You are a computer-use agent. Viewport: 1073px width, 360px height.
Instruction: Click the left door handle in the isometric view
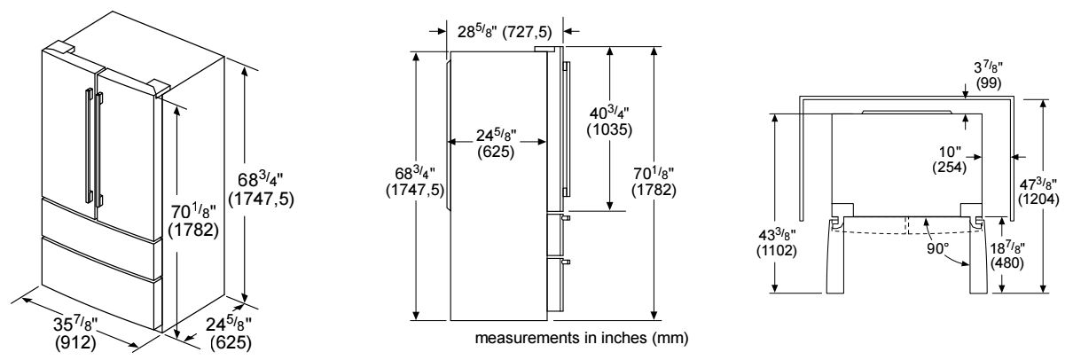(87, 142)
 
